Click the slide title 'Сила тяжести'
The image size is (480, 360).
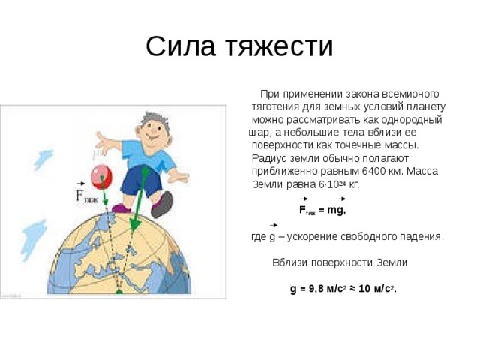pos(239,46)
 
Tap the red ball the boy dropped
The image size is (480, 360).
pos(101,176)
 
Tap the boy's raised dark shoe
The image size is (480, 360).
pos(161,204)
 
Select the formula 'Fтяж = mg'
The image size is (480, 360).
pos(322,211)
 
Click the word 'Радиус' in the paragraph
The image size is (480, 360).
pos(268,158)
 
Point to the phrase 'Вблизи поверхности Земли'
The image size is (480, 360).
pos(339,262)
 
